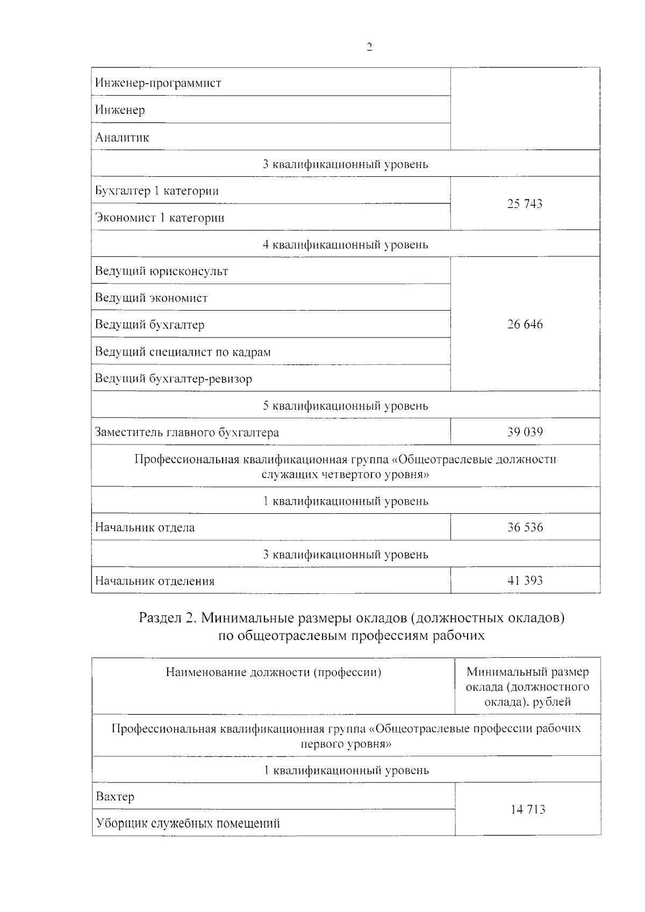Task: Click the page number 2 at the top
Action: pyautogui.click(x=369, y=47)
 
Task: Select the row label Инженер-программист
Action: pyautogui.click(x=158, y=83)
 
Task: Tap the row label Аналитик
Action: pyautogui.click(x=122, y=138)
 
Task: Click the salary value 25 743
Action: pyautogui.click(x=525, y=204)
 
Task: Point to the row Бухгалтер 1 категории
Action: pyautogui.click(x=157, y=191)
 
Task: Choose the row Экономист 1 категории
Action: pyautogui.click(x=160, y=218)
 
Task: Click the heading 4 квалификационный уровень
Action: pyautogui.click(x=345, y=245)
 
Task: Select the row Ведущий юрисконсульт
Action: pyautogui.click(x=161, y=271)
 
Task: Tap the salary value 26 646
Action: pyautogui.click(x=525, y=325)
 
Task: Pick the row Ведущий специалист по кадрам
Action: pyautogui.click(x=183, y=352)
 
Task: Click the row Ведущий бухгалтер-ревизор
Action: pyautogui.click(x=173, y=379)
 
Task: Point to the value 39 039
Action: pyautogui.click(x=525, y=432)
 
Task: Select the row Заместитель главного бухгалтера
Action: pyautogui.click(x=187, y=433)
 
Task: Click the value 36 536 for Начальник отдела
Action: pyautogui.click(x=525, y=527)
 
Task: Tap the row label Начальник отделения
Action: pyautogui.click(x=154, y=581)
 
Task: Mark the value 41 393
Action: pyautogui.click(x=525, y=580)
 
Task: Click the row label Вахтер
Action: pyautogui.click(x=114, y=796)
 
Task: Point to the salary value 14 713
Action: pyautogui.click(x=527, y=809)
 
